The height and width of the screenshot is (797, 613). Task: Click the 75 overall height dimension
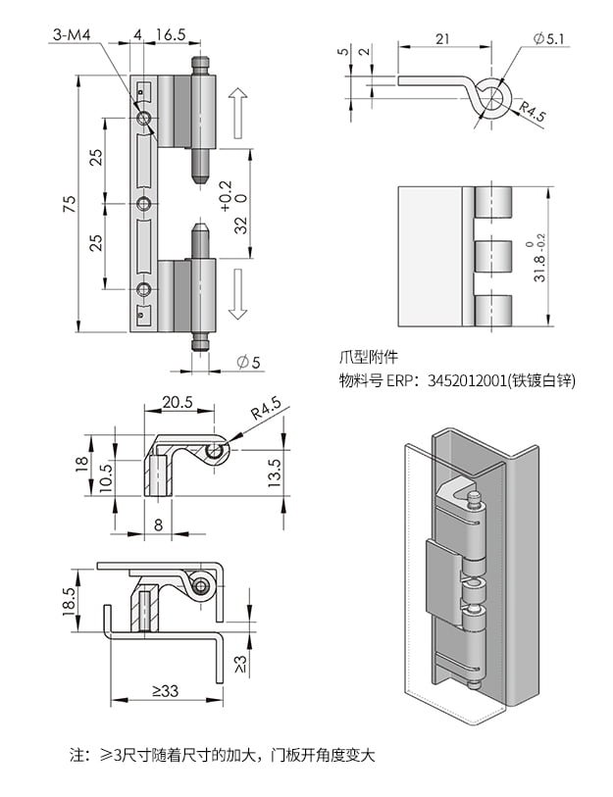click(x=70, y=204)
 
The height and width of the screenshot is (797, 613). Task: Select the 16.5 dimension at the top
click(x=169, y=34)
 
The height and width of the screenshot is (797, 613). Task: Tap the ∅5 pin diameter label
click(x=249, y=363)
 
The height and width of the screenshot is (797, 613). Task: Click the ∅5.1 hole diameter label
click(x=549, y=37)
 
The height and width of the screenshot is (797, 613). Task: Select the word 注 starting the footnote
click(x=77, y=756)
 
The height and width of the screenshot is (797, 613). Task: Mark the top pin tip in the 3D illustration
click(x=475, y=500)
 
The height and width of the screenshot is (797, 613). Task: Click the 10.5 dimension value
click(x=105, y=479)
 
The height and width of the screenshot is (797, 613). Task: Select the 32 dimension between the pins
click(x=241, y=224)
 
